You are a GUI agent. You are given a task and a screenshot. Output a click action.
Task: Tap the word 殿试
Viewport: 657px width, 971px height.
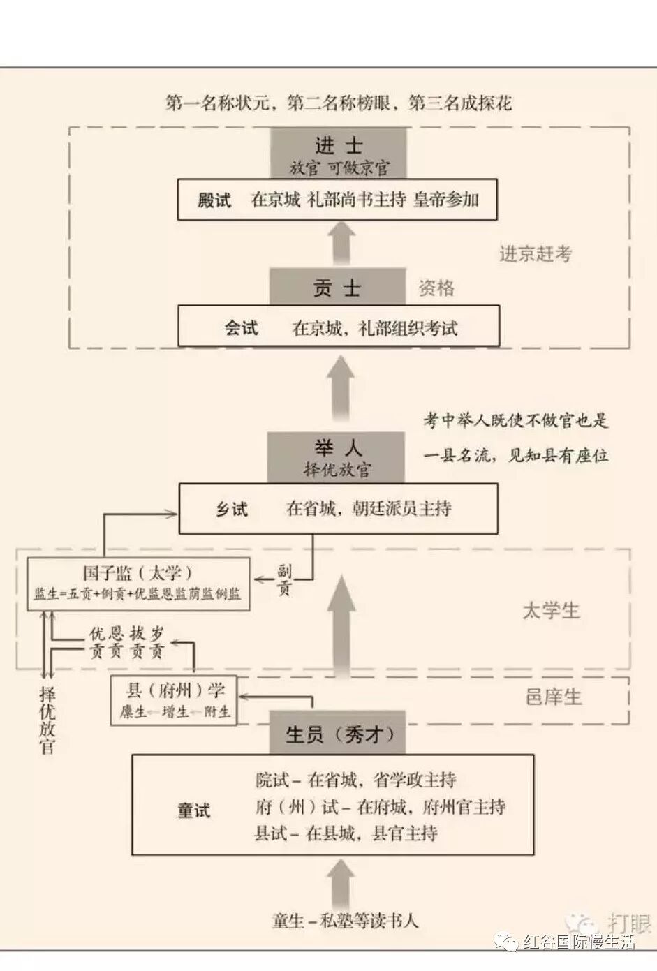point(214,200)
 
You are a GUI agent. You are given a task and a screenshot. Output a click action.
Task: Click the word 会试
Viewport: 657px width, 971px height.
point(241,328)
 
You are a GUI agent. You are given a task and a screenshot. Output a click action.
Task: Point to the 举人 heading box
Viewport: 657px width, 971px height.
point(336,457)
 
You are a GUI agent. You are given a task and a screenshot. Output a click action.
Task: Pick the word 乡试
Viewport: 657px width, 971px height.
point(231,509)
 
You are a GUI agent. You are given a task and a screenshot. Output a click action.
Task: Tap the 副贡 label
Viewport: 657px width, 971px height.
point(283,580)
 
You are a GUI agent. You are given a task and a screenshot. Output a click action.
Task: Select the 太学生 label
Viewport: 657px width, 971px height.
point(551,611)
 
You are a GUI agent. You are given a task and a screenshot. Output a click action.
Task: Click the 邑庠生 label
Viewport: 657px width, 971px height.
point(553,697)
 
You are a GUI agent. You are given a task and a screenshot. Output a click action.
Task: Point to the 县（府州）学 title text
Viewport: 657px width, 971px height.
point(175,691)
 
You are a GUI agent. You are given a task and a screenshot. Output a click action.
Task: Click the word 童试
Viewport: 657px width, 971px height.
point(193,810)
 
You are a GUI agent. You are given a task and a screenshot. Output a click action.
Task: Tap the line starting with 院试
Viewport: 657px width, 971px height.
point(355,780)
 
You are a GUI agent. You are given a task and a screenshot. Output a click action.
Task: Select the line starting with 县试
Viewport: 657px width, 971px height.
point(346,833)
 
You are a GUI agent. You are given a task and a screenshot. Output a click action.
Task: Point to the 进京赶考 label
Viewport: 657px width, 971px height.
point(535,254)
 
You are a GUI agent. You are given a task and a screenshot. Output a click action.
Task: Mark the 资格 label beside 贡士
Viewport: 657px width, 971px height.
point(436,288)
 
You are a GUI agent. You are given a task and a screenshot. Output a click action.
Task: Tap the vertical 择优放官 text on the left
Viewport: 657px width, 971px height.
point(47,720)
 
